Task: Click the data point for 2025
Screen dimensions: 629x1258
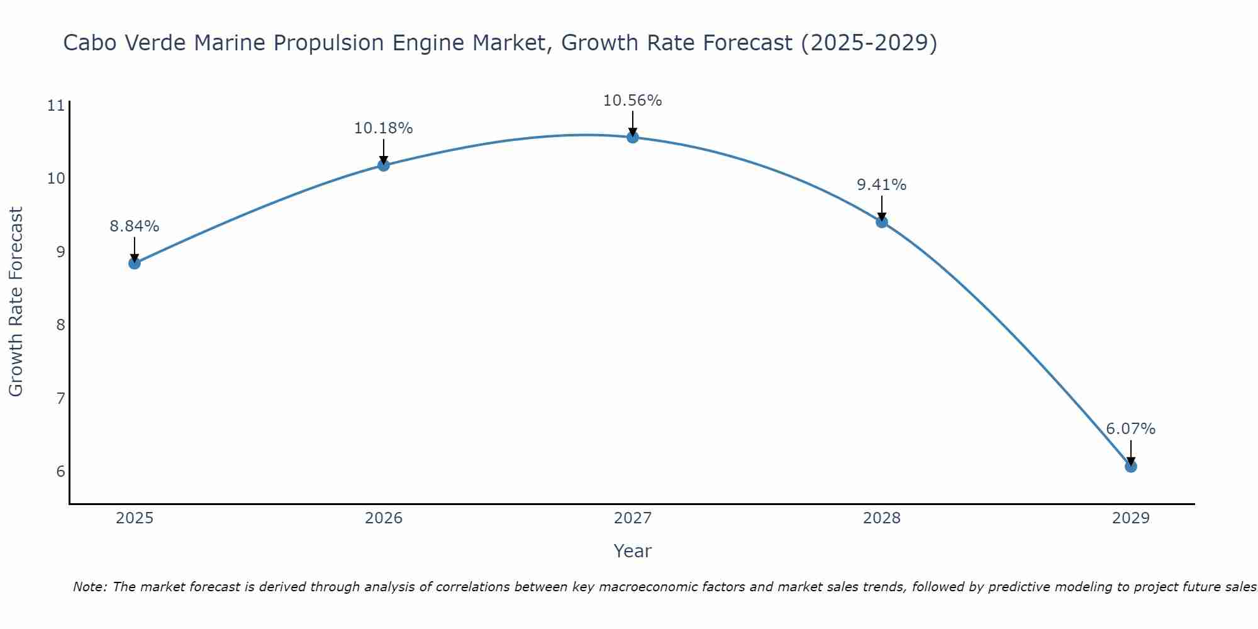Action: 134,263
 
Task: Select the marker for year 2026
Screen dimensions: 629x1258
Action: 383,165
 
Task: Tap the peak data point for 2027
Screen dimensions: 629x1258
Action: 632,137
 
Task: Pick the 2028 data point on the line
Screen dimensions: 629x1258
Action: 881,221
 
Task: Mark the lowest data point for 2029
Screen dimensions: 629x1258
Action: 1130,466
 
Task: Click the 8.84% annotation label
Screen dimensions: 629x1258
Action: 134,226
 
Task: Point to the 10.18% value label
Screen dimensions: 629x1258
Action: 383,128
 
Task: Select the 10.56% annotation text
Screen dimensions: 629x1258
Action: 632,101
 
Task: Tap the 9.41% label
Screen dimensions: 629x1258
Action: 881,185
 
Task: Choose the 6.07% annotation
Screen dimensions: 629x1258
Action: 1130,429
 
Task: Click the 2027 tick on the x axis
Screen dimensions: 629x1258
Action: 632,518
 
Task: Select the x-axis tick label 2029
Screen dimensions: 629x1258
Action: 1130,518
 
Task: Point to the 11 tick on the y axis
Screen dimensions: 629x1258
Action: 56,106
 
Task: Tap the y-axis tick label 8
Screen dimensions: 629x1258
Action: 60,325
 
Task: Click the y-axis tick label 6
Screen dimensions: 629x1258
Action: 60,472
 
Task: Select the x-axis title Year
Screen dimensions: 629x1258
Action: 632,551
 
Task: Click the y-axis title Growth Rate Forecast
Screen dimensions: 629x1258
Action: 16,302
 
